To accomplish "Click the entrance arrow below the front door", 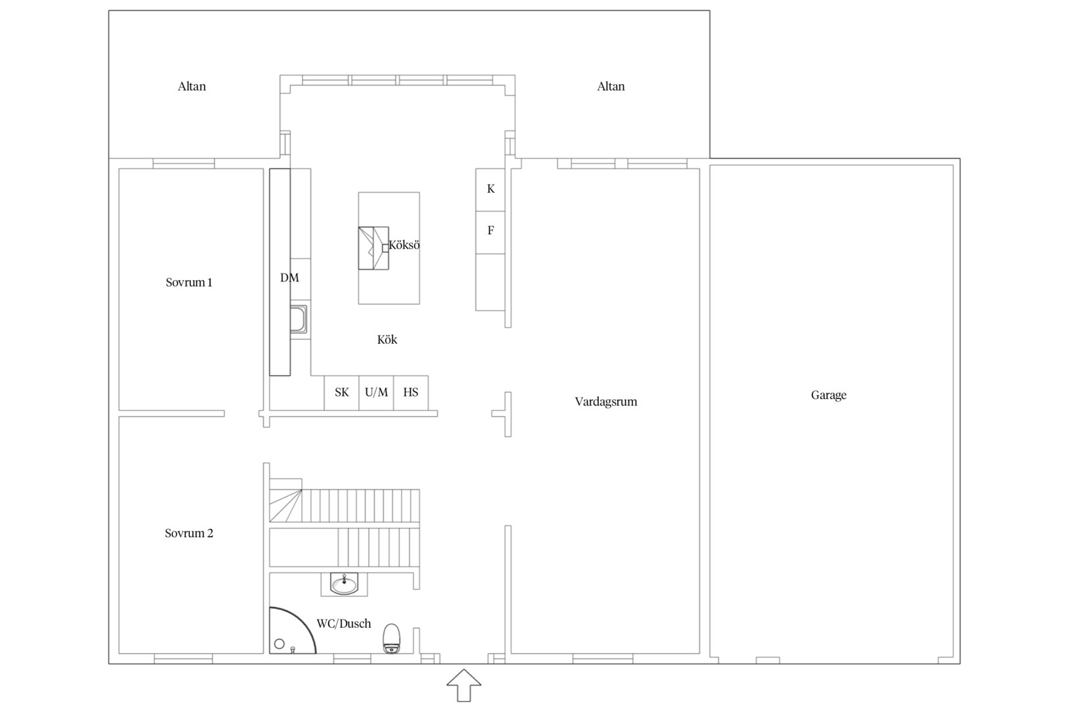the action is [x=463, y=685].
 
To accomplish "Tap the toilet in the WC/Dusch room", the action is [x=391, y=638].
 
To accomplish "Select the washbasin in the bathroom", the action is [x=344, y=584].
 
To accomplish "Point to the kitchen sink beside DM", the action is [x=298, y=319].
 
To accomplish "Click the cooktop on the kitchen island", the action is [x=373, y=248].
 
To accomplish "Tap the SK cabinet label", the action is [x=341, y=392].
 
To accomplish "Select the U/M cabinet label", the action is [x=376, y=392].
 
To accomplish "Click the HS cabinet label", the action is [x=411, y=392].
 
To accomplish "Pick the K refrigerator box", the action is [x=490, y=190].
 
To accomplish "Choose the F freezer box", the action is [x=490, y=233].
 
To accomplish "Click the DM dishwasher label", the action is [x=289, y=277].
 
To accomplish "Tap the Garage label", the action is [x=829, y=395].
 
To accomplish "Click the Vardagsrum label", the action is [x=605, y=402].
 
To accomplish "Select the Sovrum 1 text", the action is [x=189, y=283].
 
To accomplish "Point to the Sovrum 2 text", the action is [x=189, y=534].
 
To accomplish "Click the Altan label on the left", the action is [x=191, y=87].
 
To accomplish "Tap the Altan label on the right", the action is [x=611, y=87].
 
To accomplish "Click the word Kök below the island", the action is [x=387, y=339].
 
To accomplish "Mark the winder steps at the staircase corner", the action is [x=285, y=506].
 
